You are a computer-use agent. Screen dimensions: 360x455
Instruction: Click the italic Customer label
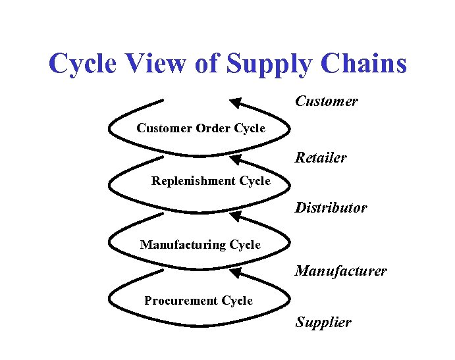pos(327,101)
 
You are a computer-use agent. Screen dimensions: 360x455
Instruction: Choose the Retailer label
pos(321,158)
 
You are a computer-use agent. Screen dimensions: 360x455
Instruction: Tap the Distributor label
pos(331,208)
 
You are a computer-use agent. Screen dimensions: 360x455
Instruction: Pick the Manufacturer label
pos(341,271)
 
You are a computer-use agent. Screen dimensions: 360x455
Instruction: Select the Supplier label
pos(323,322)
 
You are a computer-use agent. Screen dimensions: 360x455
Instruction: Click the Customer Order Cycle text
pos(201,128)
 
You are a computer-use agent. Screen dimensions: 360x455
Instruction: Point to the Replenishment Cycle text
pos(211,181)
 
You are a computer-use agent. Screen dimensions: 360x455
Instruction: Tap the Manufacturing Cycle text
pos(200,245)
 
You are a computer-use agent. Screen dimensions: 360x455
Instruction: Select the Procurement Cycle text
pos(198,301)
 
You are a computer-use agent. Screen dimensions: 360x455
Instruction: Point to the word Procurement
pos(181,301)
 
